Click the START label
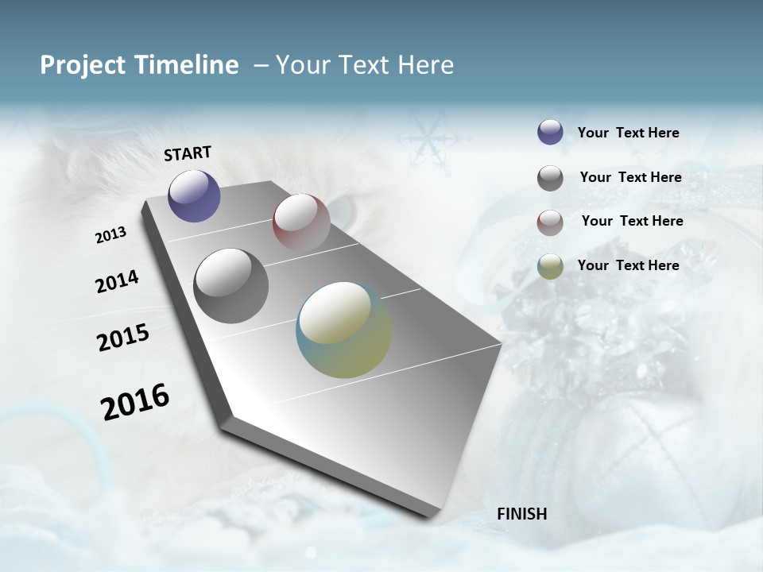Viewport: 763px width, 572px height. point(188,153)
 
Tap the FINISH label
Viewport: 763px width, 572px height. point(521,514)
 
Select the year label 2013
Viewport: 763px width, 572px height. point(110,235)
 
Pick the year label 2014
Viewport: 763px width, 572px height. point(117,282)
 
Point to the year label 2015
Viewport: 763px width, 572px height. point(122,338)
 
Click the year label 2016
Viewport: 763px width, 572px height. point(135,402)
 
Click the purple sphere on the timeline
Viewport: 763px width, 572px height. point(194,196)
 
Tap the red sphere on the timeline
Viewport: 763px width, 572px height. point(301,222)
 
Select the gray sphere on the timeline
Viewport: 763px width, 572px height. point(230,286)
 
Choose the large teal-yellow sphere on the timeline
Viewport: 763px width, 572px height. point(344,330)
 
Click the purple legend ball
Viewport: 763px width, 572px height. point(550,132)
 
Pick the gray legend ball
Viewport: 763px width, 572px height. point(550,178)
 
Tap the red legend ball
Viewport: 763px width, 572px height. point(550,222)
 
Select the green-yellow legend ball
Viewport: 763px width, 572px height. point(550,266)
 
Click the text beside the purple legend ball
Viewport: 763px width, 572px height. point(628,133)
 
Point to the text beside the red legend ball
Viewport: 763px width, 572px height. point(632,221)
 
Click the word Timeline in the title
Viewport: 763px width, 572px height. point(188,65)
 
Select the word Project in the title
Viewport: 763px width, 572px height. point(83,65)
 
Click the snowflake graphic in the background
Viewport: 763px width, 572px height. point(427,141)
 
